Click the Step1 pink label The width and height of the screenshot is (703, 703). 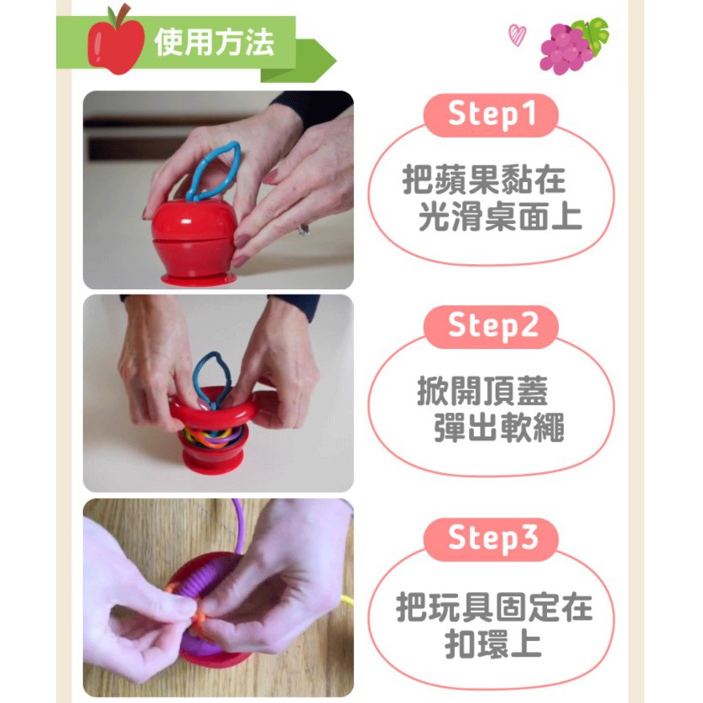491,115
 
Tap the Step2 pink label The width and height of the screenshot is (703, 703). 491,327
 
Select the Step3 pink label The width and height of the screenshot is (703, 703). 491,539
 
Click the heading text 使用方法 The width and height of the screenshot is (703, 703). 214,43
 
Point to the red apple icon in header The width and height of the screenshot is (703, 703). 116,39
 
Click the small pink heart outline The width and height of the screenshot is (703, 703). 517,35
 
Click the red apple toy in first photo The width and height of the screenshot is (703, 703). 194,242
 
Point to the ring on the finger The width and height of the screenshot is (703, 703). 304,230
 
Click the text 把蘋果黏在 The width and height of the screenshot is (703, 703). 484,180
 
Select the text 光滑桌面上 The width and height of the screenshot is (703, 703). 500,216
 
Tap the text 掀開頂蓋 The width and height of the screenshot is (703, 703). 482,391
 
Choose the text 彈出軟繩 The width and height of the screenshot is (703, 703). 498,427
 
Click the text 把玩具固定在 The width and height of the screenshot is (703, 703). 494,607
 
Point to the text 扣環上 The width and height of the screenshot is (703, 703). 493,643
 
